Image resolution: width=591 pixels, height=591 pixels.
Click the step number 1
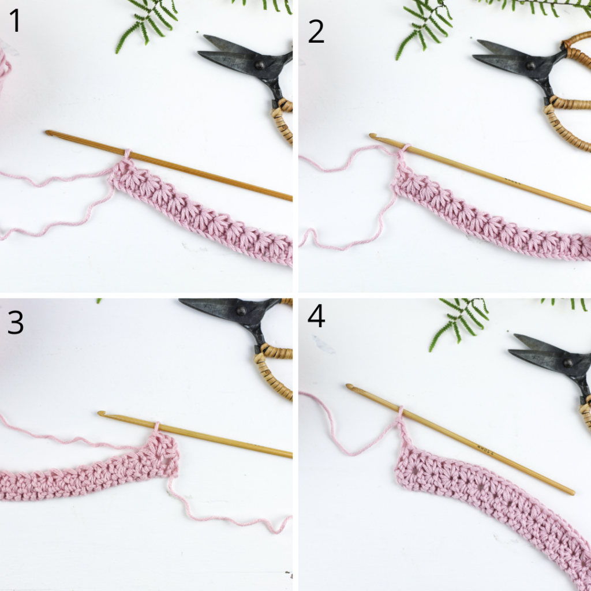point(15,21)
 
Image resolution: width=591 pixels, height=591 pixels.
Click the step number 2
point(316,32)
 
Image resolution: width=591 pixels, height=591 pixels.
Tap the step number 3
point(16,323)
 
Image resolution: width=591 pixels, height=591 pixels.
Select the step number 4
point(316,316)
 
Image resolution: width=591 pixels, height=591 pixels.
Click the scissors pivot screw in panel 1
point(260,65)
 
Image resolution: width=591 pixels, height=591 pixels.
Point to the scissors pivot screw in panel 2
point(531,66)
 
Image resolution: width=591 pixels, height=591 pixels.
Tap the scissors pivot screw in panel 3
point(241,311)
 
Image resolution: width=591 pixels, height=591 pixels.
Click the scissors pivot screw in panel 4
point(568,363)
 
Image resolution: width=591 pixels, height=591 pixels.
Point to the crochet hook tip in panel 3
point(101,414)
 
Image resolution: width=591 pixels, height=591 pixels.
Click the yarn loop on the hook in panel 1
point(127,154)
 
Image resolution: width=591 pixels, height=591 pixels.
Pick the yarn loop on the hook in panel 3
point(157,427)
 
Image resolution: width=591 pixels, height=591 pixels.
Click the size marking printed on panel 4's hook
point(486,451)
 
